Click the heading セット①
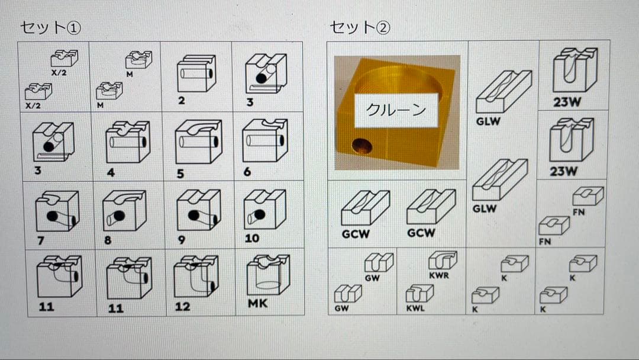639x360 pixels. click(50, 27)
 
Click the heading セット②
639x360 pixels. click(360, 27)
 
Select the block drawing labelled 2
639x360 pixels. click(196, 75)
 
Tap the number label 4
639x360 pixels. click(111, 173)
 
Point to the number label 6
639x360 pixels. click(247, 172)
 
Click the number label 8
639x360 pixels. click(109, 240)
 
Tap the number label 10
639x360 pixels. click(252, 239)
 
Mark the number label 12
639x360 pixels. click(182, 307)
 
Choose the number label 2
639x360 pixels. click(182, 101)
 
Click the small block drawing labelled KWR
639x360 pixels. click(442, 261)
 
